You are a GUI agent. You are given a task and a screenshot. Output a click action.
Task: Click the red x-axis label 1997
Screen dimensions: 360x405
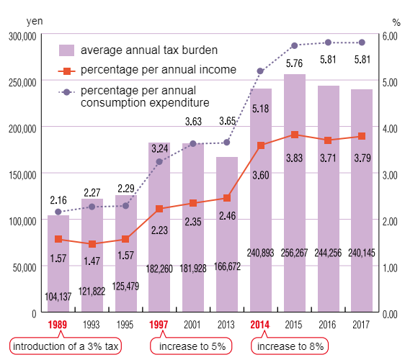(x=159, y=325)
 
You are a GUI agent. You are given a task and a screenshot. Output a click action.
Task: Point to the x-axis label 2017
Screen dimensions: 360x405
(x=361, y=325)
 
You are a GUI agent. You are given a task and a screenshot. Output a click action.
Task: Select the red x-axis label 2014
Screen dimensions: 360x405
(x=260, y=325)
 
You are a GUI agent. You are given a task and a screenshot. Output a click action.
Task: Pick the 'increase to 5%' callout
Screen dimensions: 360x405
(x=192, y=346)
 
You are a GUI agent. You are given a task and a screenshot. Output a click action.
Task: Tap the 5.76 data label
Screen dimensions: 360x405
(x=294, y=63)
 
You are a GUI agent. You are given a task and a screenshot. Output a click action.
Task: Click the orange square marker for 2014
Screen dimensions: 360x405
(x=260, y=145)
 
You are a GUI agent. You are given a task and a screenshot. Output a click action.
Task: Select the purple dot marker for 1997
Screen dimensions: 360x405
(x=159, y=161)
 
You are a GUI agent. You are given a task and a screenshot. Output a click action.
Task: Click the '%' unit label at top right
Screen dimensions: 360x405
(x=396, y=21)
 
